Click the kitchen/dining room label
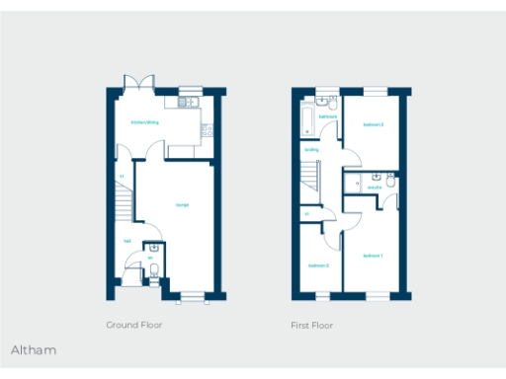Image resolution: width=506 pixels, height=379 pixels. tap(145, 122)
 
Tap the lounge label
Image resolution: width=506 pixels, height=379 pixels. tap(183, 204)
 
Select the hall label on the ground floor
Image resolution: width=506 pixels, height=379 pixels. tap(126, 240)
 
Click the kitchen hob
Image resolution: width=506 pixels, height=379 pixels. tap(205, 125)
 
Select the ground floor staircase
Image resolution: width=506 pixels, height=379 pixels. tap(123, 205)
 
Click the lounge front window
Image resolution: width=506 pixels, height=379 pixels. tap(193, 294)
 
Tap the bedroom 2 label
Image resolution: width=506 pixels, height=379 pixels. tap(373, 124)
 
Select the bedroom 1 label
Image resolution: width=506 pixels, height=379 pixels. tap(373, 256)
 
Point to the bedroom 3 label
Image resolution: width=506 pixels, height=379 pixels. tap(317, 265)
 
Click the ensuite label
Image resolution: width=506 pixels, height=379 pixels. tap(375, 188)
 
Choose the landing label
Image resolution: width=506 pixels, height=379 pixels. tap(311, 150)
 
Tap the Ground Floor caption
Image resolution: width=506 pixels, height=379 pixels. tap(134, 325)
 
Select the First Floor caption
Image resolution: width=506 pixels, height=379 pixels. tap(312, 325)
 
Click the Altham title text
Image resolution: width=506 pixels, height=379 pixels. tap(34, 349)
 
